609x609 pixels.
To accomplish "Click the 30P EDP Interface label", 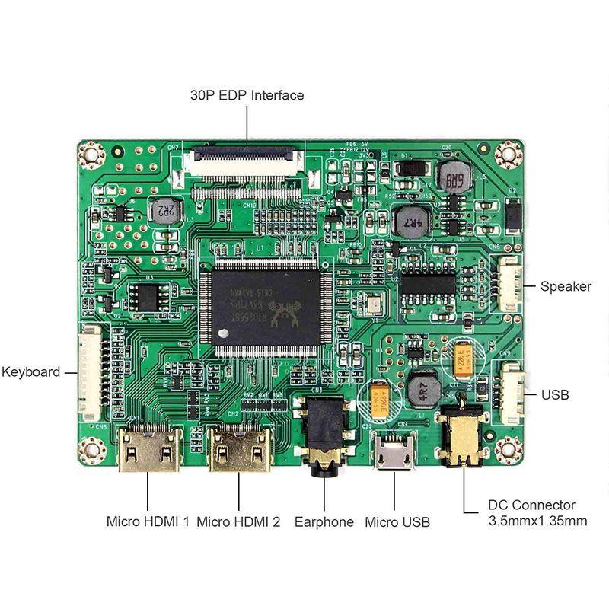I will coord(247,95).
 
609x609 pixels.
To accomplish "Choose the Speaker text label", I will coord(565,286).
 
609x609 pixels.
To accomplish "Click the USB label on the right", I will coord(554,395).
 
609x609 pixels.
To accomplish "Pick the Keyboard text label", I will coord(30,372).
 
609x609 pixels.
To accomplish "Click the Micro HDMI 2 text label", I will coord(238,522).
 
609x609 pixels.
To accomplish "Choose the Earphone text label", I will coord(324,522).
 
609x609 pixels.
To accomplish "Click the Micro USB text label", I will coord(397,522).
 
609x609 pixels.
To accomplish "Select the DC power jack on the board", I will coord(462,438).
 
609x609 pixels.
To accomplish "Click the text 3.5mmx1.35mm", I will coord(537,521).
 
